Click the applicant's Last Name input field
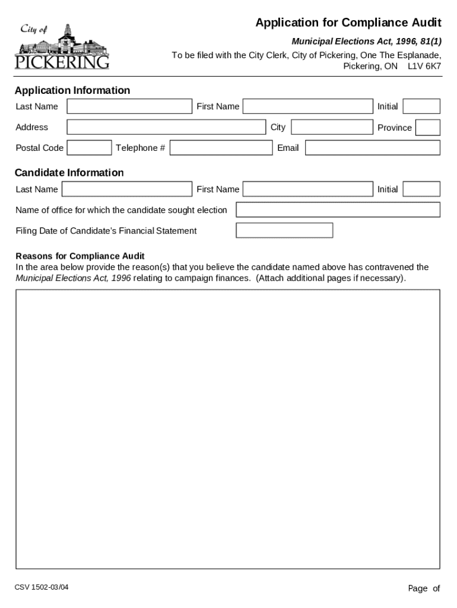pos(129,106)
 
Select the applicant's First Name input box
pos(307,106)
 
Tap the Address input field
pos(166,127)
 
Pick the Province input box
pos(427,127)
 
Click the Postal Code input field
pos(89,148)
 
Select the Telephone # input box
pos(220,148)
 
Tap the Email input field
pos(373,148)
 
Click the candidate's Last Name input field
pos(127,189)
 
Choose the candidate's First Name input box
pos(307,189)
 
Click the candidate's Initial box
pos(421,189)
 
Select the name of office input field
pos(338,210)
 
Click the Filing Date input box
pos(284,230)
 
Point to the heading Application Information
pos(72,90)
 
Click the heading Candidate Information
pos(69,173)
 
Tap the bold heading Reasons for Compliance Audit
pos(80,256)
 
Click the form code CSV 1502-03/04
pos(42,588)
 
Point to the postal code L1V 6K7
pos(424,66)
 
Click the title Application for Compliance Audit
pos(348,23)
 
